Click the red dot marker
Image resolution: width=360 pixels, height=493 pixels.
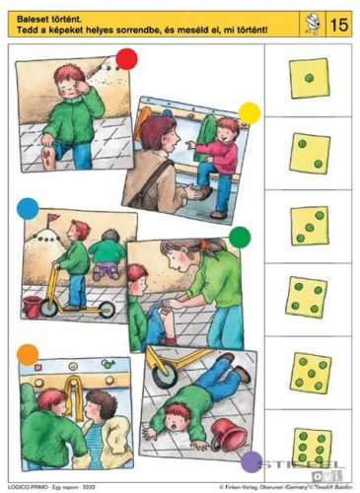coord(126,59)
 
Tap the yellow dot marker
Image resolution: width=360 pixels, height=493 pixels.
coord(250,113)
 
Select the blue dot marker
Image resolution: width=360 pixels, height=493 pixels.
coord(29,209)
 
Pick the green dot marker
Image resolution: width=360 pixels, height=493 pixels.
coord(241,238)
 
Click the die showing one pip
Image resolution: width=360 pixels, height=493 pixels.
coord(310,78)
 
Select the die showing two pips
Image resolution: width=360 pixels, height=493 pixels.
coord(310,152)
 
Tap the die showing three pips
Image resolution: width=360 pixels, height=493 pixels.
coord(310,225)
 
